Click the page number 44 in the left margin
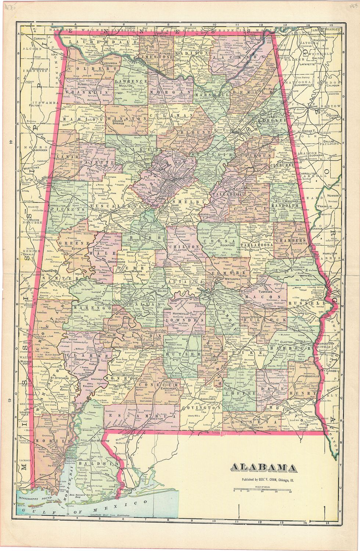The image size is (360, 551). (11, 142)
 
